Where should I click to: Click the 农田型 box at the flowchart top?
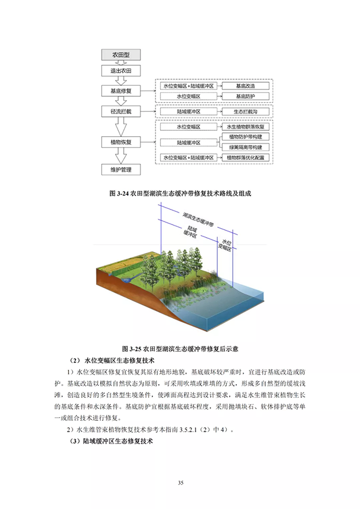(121, 55)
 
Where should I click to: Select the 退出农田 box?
(121, 71)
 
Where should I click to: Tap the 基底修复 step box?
(121, 91)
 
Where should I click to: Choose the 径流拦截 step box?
(121, 112)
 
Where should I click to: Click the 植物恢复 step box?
(121, 142)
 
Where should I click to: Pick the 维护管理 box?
(121, 170)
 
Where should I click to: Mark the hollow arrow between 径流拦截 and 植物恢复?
(121, 127)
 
